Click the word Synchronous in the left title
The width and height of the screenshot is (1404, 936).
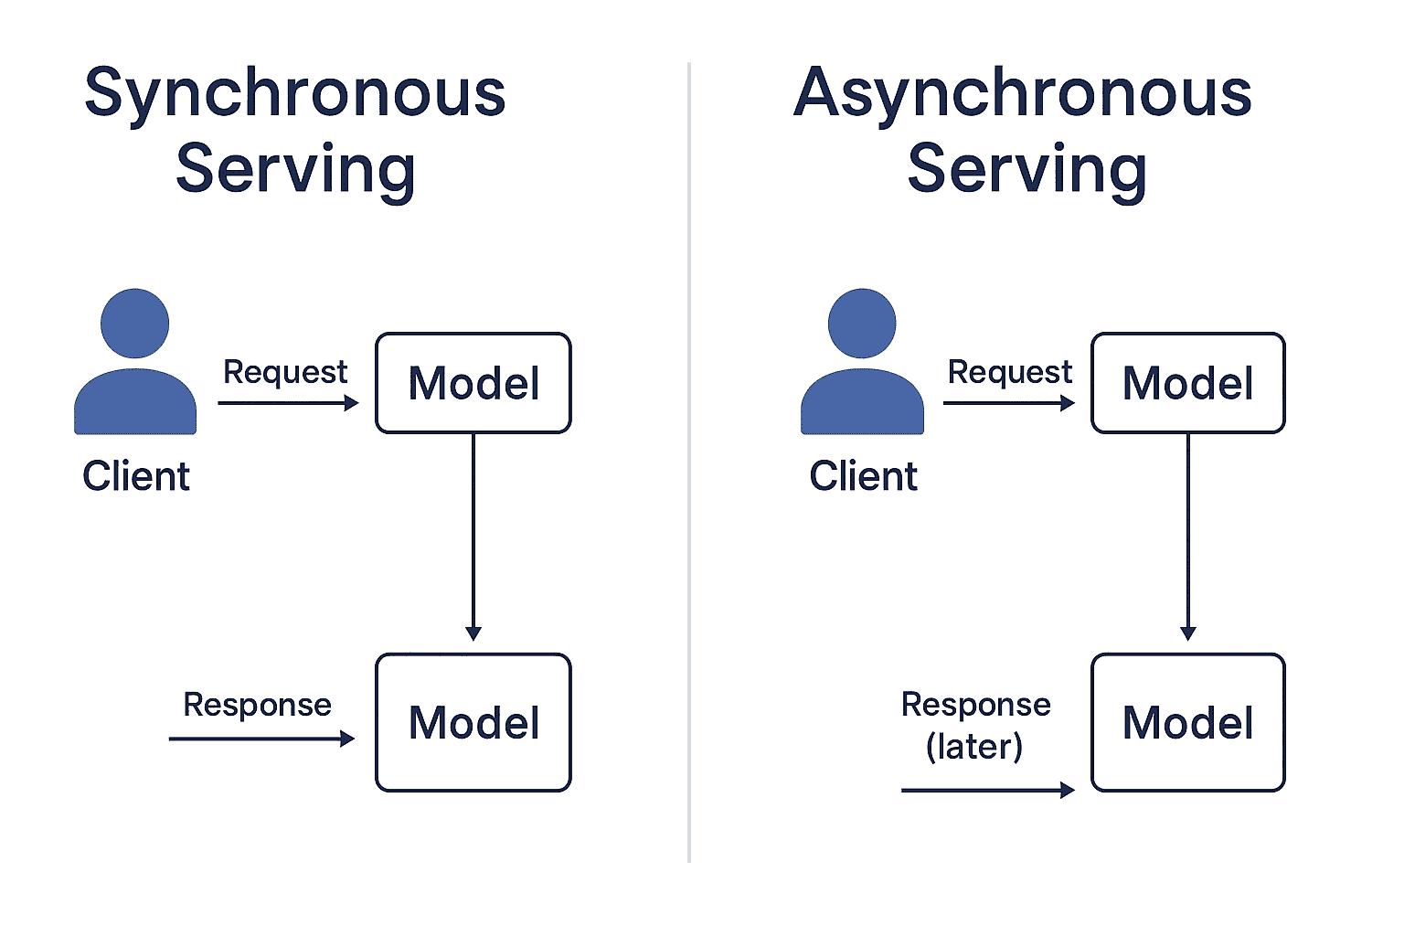click(x=295, y=95)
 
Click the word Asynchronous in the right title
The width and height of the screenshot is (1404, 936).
click(x=1023, y=95)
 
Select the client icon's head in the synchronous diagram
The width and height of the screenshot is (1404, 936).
click(x=134, y=323)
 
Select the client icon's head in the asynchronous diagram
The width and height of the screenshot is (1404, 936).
click(x=862, y=323)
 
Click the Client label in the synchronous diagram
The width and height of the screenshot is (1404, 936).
click(x=136, y=476)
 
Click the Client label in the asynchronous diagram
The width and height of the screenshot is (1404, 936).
click(x=863, y=476)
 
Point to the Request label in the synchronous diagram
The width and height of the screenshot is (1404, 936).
click(x=285, y=372)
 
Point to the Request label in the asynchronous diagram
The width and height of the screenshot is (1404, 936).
click(x=1010, y=372)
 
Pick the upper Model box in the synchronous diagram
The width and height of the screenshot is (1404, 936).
click(x=473, y=383)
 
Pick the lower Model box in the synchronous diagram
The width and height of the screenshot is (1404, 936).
click(x=473, y=722)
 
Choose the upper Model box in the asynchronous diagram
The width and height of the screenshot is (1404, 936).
click(x=1188, y=383)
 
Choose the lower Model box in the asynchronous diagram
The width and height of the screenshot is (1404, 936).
click(x=1188, y=722)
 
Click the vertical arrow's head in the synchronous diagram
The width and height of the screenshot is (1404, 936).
click(x=473, y=633)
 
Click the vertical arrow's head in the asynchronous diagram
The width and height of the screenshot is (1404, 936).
click(x=1187, y=633)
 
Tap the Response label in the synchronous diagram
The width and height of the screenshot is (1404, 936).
click(x=257, y=705)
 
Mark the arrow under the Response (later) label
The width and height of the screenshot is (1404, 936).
click(x=988, y=791)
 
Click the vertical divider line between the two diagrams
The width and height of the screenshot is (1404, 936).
click(x=689, y=462)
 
